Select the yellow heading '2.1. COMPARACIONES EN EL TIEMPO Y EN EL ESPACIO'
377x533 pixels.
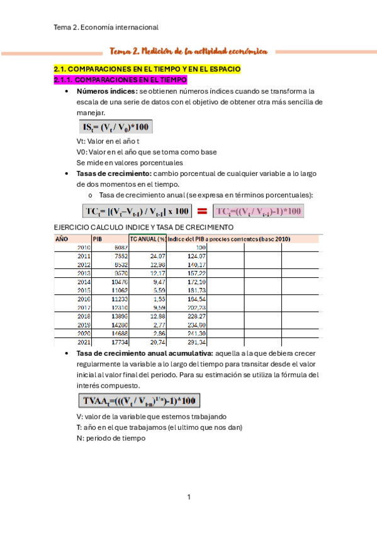click(x=147, y=68)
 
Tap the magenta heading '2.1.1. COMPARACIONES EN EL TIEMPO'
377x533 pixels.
click(x=120, y=80)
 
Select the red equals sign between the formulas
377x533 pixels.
click(x=203, y=211)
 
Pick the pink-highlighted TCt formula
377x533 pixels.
click(x=258, y=211)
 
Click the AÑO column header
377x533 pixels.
click(x=62, y=239)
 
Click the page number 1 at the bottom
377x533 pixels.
click(x=188, y=498)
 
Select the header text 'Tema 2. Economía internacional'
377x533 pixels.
click(x=106, y=27)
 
